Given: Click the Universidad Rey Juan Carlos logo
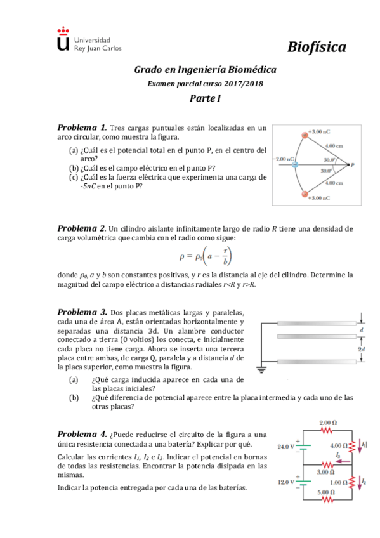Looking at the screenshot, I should click(x=88, y=39).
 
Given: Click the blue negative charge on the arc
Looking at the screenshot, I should click(x=294, y=165).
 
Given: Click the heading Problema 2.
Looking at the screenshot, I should click(x=82, y=228).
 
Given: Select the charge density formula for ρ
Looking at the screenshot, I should click(x=205, y=256).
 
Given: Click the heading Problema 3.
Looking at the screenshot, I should click(x=82, y=312).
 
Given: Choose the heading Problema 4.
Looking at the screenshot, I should click(x=82, y=435).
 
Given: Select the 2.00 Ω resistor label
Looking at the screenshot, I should click(x=327, y=423).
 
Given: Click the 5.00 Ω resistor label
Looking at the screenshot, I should click(x=327, y=492).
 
